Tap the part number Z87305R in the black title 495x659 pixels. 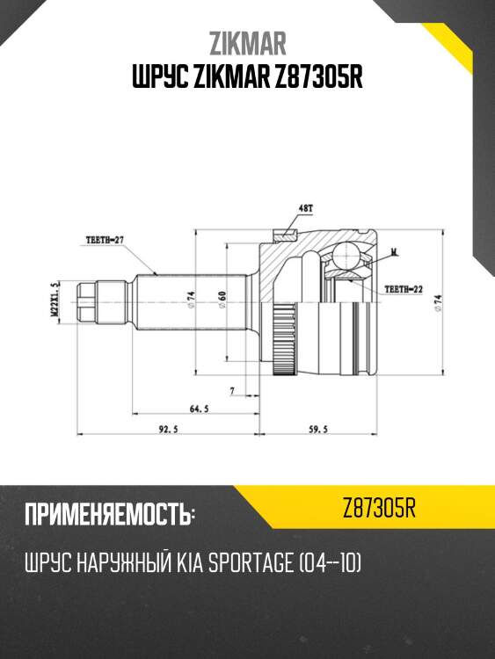313,78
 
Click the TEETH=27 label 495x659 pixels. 106,238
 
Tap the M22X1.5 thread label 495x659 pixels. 54,299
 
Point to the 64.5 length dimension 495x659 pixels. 199,409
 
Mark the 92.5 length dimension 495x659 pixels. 159,431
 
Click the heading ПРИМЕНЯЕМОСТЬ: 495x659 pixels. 110,515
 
